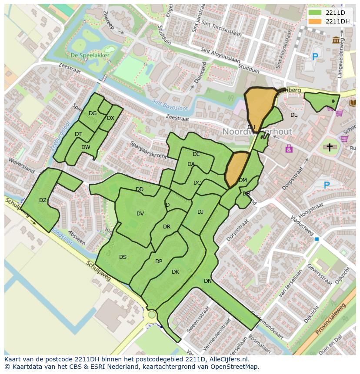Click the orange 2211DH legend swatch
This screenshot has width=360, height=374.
coord(316,21)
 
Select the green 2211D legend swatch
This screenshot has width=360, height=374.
coord(316,13)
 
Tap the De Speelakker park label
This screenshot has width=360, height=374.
coord(90,55)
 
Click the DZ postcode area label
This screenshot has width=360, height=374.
coord(43,200)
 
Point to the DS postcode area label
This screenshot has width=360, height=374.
coord(123,257)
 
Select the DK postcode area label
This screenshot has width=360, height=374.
coord(175,272)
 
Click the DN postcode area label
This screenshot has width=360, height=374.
coord(208,281)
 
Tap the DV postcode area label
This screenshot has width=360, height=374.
coord(140,214)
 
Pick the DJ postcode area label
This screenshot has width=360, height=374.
coord(200,212)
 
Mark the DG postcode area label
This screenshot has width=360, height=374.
coord(93,113)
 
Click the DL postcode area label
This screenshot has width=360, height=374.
coord(294,115)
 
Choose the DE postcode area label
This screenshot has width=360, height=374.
coord(196,154)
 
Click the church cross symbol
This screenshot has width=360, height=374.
coord(330,147)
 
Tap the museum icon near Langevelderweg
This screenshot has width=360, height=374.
coord(336,40)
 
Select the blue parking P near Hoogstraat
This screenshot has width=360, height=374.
coord(327,185)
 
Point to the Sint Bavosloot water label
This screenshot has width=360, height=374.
coord(169,105)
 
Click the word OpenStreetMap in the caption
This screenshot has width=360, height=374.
coord(235,367)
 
